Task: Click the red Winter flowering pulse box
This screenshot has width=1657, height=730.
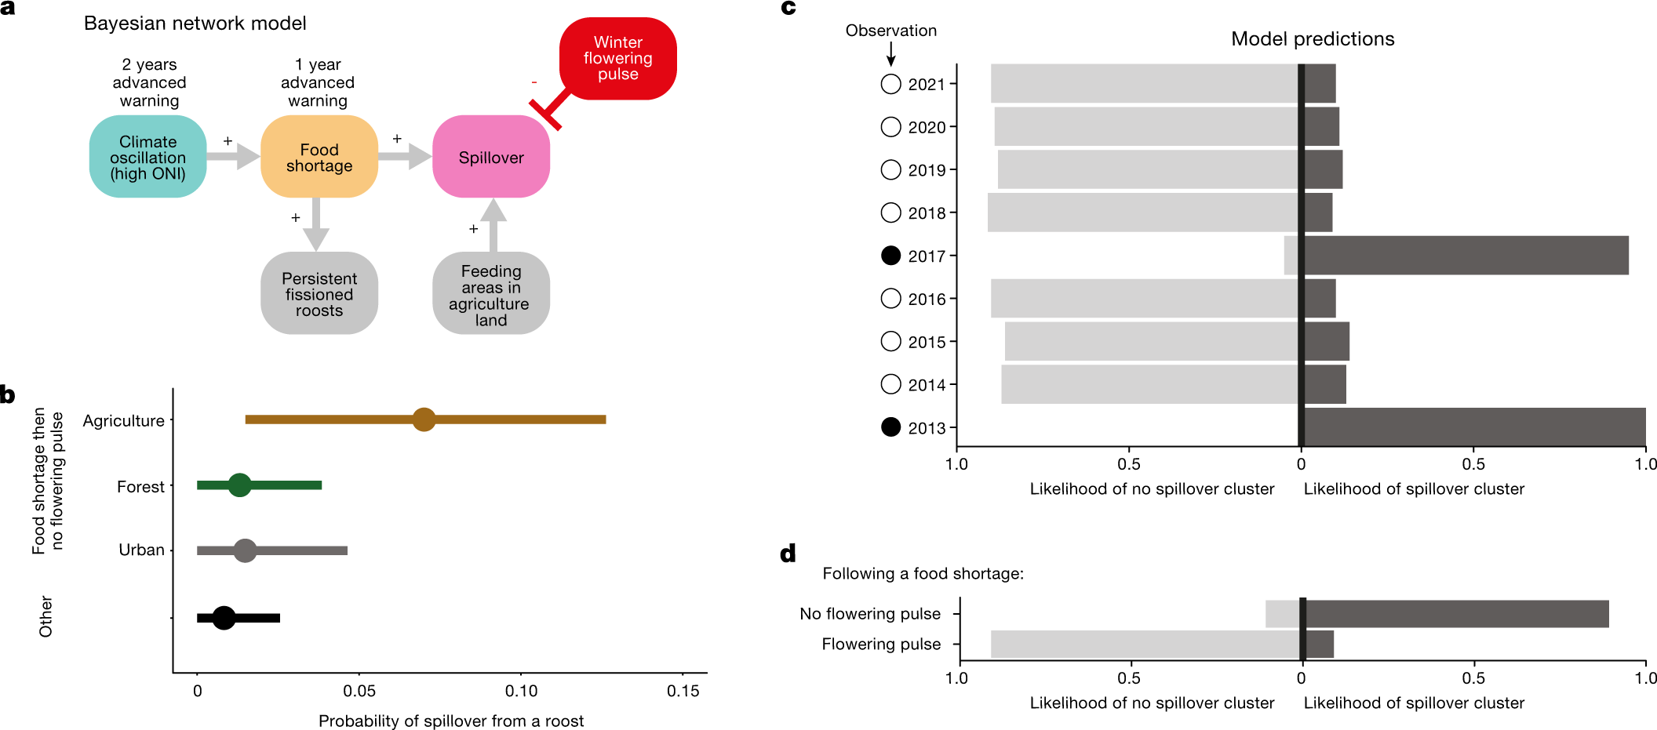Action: tap(617, 58)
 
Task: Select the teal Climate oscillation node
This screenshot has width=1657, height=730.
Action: tap(147, 157)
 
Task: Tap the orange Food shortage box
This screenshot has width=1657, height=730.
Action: tap(319, 157)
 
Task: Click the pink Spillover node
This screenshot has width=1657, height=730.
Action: tap(490, 157)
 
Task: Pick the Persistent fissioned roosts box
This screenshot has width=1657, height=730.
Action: tap(319, 293)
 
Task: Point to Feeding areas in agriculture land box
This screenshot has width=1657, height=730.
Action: tap(490, 293)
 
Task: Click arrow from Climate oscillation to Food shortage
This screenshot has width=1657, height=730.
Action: tap(233, 156)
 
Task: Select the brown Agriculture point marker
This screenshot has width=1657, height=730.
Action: tap(424, 419)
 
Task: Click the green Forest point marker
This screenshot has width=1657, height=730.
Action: tap(239, 485)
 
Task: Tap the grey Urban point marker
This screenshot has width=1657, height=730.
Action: tap(245, 550)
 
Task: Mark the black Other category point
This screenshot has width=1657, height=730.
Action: tap(224, 618)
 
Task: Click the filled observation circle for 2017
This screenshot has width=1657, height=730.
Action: tap(890, 256)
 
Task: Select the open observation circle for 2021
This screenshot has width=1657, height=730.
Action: tap(890, 84)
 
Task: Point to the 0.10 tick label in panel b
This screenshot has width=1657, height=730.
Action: tap(521, 691)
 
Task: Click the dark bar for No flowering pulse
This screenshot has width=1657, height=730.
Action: tap(1455, 614)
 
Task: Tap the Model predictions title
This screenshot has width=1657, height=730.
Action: tap(1312, 39)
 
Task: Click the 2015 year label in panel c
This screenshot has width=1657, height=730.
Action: tap(927, 342)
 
